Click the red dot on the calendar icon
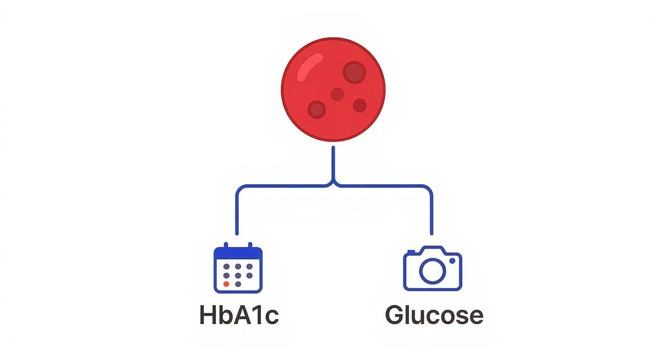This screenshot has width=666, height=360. coord(226,284)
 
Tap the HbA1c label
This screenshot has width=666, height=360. coord(238,315)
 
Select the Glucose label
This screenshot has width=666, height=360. coord(434,315)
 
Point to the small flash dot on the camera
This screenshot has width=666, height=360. coord(452,260)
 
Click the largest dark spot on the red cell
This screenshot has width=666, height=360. coord(354,72)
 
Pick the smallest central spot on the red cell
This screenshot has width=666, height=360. coord(337,94)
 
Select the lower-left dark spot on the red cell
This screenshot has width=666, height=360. coord(316,110)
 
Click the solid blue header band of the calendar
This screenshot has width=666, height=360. coord(238,253)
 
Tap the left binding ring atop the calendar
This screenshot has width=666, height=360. coord(226,246)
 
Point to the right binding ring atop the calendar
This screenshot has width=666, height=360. coord(250,246)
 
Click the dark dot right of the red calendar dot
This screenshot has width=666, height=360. coord(238,284)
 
